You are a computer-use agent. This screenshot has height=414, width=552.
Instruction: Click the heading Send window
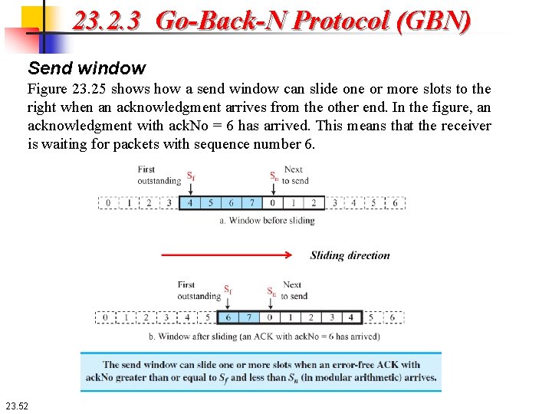(86, 68)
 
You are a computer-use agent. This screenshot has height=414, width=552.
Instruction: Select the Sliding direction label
(350, 255)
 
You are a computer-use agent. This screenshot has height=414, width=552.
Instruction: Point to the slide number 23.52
(15, 405)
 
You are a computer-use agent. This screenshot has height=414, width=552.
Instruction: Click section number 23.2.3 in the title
(107, 21)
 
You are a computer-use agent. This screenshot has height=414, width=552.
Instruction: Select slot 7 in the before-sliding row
(251, 203)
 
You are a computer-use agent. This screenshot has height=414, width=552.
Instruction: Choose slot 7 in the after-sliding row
(248, 317)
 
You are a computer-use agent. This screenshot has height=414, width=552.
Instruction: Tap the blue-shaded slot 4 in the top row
(189, 203)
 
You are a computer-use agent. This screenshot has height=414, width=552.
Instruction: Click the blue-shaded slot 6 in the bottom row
(228, 317)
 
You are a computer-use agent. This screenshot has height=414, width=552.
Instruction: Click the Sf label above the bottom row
(228, 291)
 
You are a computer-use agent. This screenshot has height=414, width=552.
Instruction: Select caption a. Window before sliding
(266, 221)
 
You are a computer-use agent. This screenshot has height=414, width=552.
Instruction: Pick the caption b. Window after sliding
(264, 336)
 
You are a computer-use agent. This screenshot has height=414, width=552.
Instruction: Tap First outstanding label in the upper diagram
(159, 176)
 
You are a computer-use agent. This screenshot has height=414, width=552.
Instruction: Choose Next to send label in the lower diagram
(293, 291)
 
